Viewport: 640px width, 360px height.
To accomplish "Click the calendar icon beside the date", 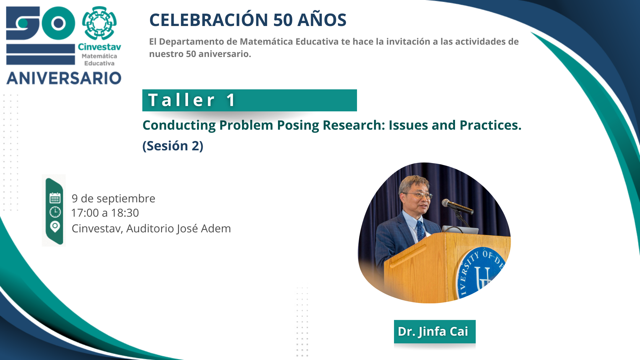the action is click(x=55, y=198).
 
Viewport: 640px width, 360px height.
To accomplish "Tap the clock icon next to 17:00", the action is click(x=55, y=212).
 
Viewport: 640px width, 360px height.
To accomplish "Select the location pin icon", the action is click(x=55, y=227).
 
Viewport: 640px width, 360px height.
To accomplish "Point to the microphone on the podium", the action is click(x=457, y=207).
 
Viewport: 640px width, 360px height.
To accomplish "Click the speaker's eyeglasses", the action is click(x=418, y=195).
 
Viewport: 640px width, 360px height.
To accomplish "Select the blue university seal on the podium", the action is click(x=481, y=272).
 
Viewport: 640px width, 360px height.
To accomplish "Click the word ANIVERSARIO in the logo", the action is click(x=64, y=78).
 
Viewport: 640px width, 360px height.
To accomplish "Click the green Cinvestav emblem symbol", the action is click(x=99, y=23).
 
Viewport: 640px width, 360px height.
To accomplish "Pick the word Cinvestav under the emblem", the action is click(x=99, y=47).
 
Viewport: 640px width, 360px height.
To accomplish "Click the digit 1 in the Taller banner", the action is click(x=231, y=100).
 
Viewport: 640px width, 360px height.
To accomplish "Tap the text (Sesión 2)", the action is click(x=173, y=146).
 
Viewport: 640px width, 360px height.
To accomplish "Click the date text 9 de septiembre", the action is click(x=113, y=198).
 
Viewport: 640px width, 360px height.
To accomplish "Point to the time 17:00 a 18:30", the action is click(x=105, y=213).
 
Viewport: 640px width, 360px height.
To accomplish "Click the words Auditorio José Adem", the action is click(x=178, y=228).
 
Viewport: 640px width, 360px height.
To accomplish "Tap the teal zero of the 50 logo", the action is click(x=58, y=23).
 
